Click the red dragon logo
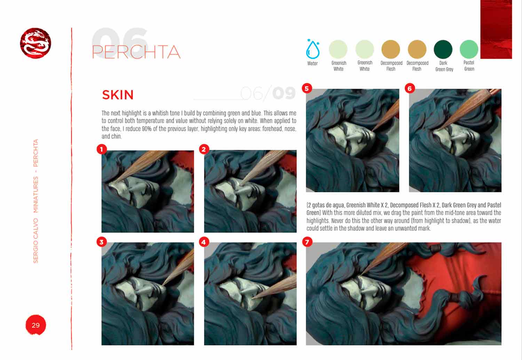click(35, 43)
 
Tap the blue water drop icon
click(313, 49)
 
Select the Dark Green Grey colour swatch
click(443, 49)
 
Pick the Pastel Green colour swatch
click(469, 49)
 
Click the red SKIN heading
click(118, 95)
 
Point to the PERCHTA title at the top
click(136, 52)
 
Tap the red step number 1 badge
click(102, 149)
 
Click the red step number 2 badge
click(204, 149)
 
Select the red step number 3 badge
click(102, 242)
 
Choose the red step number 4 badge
click(204, 242)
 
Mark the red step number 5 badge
click(307, 88)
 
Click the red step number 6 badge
click(410, 88)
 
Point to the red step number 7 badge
click(307, 242)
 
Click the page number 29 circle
click(35, 325)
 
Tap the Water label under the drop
click(313, 63)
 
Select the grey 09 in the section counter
click(284, 93)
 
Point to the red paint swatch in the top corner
click(496, 29)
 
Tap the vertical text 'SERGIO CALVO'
click(35, 241)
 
